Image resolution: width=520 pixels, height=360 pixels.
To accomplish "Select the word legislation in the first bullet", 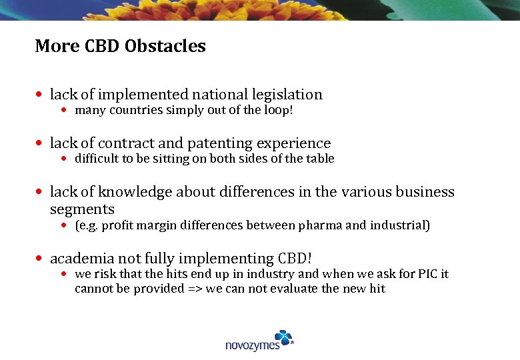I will click(286, 95).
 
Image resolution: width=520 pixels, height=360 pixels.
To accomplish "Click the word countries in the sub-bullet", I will click(128, 110).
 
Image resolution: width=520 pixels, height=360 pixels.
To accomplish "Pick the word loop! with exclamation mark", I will click(277, 110).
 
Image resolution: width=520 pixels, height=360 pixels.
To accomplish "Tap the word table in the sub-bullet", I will click(319, 159).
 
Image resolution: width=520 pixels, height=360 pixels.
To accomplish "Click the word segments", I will click(82, 209).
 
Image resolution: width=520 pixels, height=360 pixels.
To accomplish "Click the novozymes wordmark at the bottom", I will click(253, 345).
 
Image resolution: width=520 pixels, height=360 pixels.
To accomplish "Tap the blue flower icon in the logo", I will click(283, 337).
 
